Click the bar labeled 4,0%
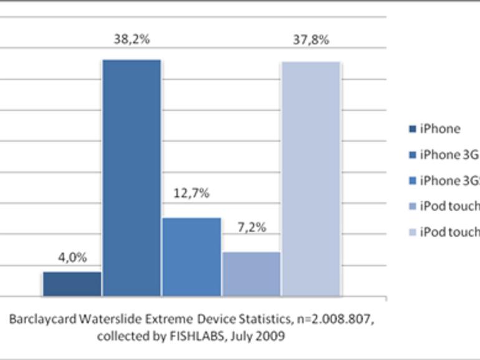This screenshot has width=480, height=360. pyautogui.click(x=72, y=283)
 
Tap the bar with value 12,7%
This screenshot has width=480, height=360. pyautogui.click(x=191, y=257)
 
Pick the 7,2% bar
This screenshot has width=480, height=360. pyautogui.click(x=251, y=274)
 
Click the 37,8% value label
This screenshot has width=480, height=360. pyautogui.click(x=310, y=40)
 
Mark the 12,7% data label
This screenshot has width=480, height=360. pyautogui.click(x=191, y=193)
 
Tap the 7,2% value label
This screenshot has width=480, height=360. pyautogui.click(x=251, y=227)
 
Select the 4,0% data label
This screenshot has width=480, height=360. pyautogui.click(x=72, y=258)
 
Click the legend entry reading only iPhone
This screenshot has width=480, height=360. pyautogui.click(x=440, y=129)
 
